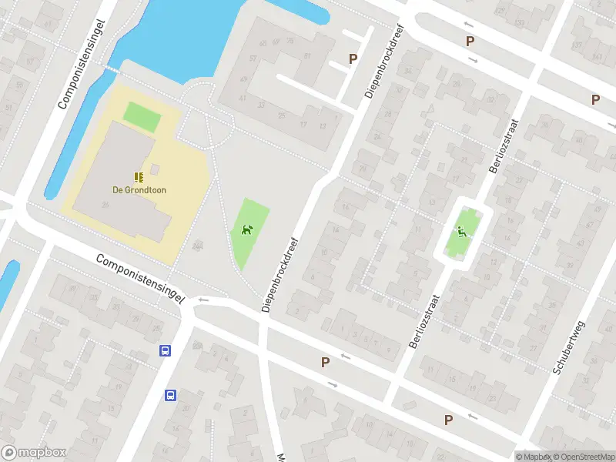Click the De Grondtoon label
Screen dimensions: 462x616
(139, 190)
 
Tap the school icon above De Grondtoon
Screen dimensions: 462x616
(139, 177)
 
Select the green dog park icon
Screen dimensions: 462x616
(247, 229)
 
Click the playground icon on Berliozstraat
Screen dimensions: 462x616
(460, 231)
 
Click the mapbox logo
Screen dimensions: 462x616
(34, 453)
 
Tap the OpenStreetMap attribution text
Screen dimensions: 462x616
(584, 457)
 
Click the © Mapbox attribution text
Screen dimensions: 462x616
(533, 457)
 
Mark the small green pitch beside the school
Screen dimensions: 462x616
(142, 117)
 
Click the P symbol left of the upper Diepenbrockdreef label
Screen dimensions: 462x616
(353, 59)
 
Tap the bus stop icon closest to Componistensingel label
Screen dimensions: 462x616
(165, 351)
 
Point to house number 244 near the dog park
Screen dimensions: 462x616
(198, 246)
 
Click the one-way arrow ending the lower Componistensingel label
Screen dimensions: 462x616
(203, 300)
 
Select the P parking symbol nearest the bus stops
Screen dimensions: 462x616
(325, 362)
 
